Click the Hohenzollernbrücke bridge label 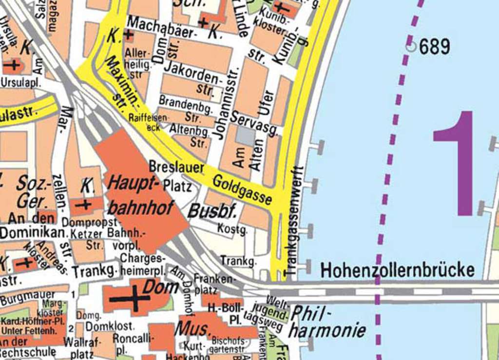pos(398,270)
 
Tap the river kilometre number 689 pos(434,47)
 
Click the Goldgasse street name pos(242,189)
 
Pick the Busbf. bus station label pos(212,211)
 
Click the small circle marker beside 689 pos(411,47)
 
